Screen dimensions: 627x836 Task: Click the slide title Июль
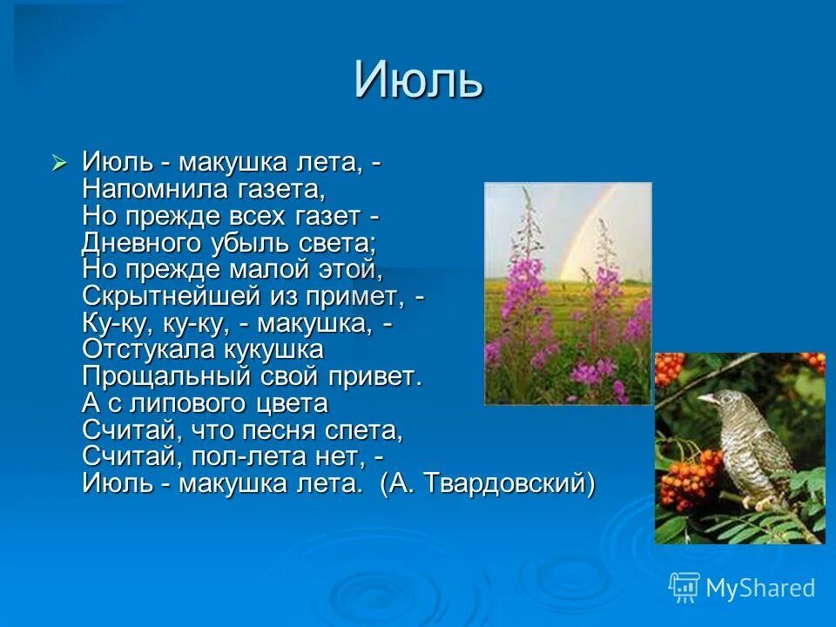[x=418, y=81]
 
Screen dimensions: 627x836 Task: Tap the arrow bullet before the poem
[x=59, y=162]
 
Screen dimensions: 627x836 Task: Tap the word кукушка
[x=270, y=349]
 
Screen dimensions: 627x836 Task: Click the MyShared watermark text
[x=759, y=588]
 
